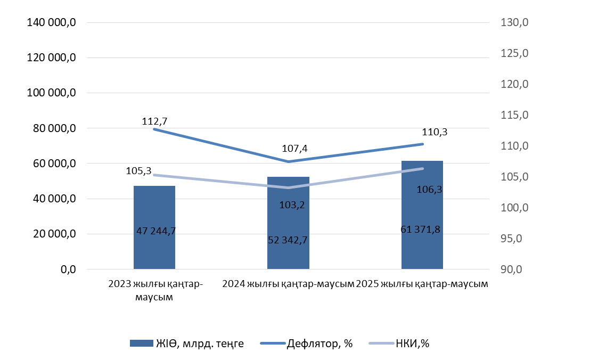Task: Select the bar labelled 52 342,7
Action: (x=288, y=213)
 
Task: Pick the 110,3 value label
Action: (x=434, y=132)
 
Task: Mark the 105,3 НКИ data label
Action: (x=139, y=171)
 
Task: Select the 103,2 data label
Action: (x=291, y=205)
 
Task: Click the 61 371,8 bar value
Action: (x=420, y=230)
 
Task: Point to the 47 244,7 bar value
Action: (x=156, y=231)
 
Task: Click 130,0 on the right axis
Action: (x=514, y=22)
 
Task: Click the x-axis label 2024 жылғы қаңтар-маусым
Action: (x=288, y=284)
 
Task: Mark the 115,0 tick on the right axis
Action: (x=514, y=115)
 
